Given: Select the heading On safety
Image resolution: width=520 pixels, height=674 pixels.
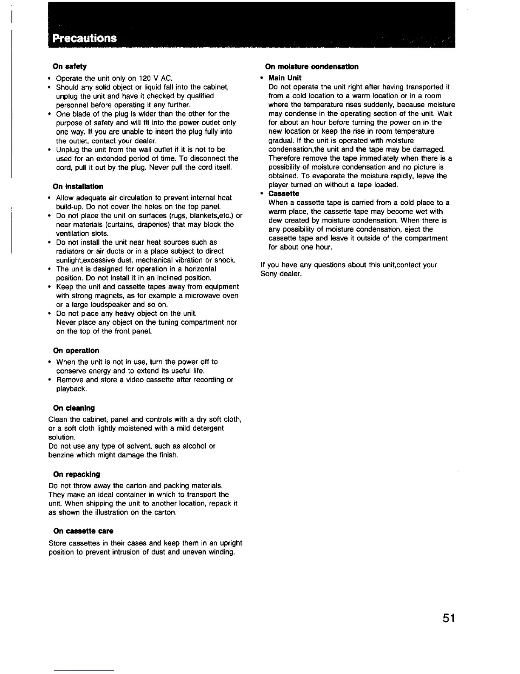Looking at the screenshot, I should point(70,66).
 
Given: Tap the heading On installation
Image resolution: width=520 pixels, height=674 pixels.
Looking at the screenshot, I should point(78,186).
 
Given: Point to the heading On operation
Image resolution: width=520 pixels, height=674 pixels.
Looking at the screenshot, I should point(76,351).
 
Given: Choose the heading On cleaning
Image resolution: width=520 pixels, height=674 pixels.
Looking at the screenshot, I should point(74,408).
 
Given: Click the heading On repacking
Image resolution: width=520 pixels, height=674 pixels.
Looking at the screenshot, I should point(76,474).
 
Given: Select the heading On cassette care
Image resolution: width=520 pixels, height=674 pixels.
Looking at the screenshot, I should point(83,531).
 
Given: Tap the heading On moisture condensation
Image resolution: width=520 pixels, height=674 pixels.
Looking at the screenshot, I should point(312,66).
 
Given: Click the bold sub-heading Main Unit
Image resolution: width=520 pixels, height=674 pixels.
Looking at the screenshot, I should point(285,78).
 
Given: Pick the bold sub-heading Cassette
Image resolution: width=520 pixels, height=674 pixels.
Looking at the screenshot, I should point(284,194).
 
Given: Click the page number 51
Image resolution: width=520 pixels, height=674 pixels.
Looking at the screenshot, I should point(448,618).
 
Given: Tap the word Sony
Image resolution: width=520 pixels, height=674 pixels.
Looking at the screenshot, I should point(269,274).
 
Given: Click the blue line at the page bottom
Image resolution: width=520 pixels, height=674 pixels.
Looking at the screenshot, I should point(84,670).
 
